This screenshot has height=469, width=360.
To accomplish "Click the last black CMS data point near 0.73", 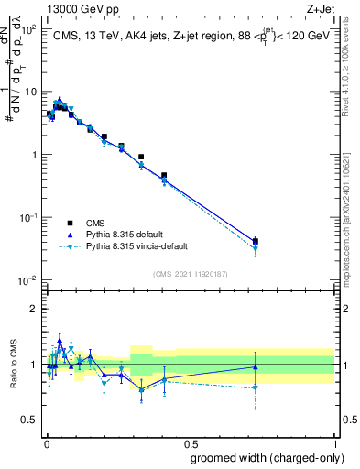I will click(x=256, y=241).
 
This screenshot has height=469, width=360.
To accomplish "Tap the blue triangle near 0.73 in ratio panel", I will click(x=256, y=367).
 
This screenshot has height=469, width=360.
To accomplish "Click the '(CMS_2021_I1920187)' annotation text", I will click(x=191, y=272).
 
